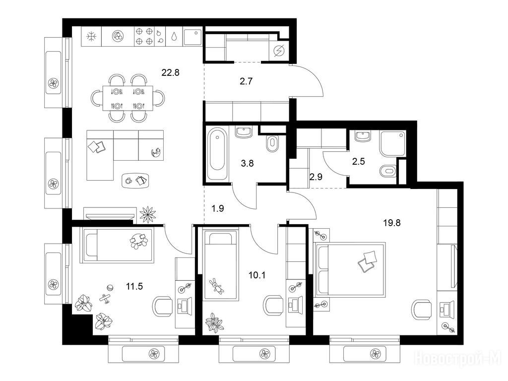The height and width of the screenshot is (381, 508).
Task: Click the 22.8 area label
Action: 171,72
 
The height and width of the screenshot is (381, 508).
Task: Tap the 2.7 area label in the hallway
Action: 246,81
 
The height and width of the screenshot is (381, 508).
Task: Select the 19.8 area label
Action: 392,223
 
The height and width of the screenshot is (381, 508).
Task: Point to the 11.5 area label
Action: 134,286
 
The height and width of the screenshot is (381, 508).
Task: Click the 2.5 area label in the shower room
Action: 359,161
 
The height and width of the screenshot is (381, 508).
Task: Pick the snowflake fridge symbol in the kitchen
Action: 91,36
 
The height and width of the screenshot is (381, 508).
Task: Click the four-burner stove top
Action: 144,36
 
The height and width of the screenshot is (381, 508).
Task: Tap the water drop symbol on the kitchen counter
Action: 174,36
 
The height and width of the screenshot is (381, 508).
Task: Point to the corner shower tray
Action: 392,143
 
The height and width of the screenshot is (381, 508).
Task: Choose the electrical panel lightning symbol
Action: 279,51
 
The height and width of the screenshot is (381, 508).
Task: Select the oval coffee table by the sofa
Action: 136,180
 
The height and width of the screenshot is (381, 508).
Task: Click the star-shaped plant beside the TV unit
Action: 148,214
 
